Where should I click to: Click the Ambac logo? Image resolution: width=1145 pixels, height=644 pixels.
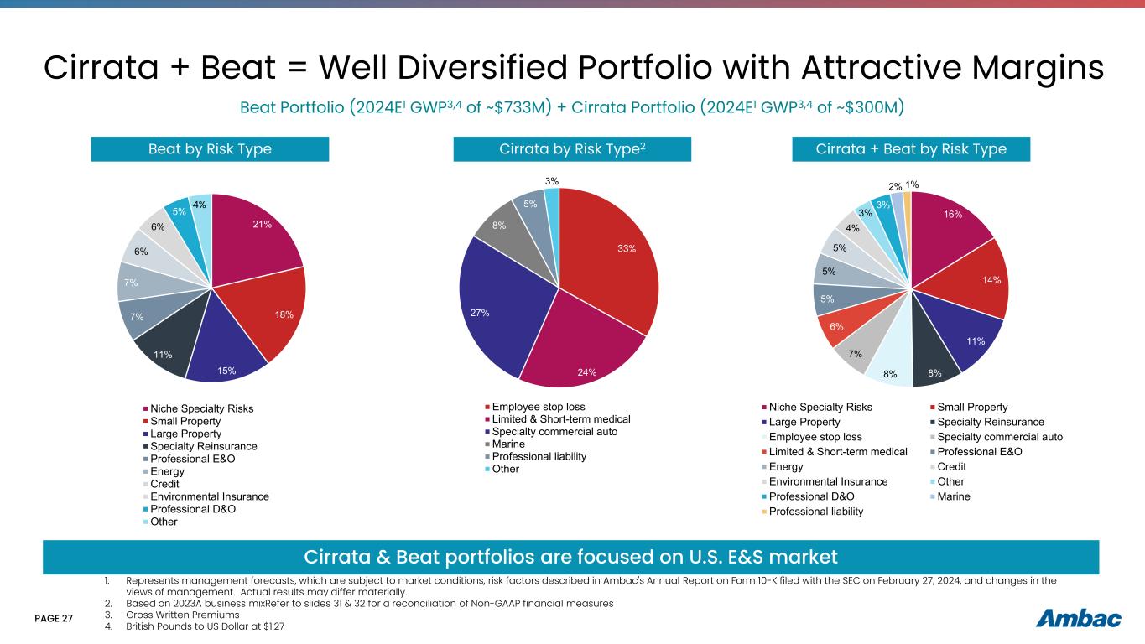pos(1079,619)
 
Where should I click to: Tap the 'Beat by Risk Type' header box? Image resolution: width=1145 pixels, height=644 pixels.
pos(210,149)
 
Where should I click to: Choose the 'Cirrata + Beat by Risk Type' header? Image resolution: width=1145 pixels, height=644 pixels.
pos(911,149)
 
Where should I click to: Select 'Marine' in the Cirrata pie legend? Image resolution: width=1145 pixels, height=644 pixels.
pos(507,444)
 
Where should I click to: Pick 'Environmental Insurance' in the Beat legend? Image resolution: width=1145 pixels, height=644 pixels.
pos(210,496)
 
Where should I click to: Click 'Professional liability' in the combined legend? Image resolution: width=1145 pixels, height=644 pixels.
pos(816,512)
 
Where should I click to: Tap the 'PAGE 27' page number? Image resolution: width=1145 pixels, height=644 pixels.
pos(54,619)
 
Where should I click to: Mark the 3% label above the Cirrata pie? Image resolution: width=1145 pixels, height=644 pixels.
pos(552,181)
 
